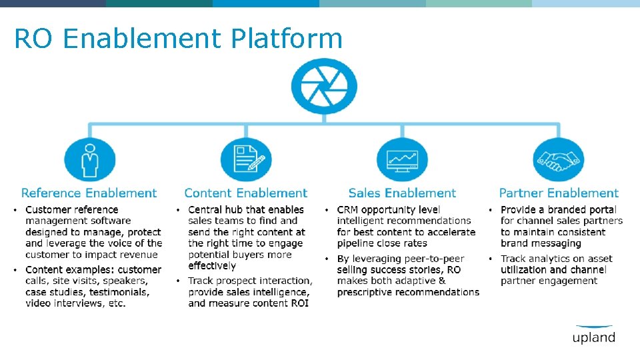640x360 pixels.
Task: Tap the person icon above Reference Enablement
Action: [89, 159]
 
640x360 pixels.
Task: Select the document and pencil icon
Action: [246, 159]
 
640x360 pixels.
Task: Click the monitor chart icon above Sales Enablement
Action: [402, 159]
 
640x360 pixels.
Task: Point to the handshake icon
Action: [558, 159]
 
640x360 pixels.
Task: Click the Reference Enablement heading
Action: [89, 193]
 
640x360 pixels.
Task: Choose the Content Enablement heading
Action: [246, 193]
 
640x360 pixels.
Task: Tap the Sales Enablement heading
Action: [402, 193]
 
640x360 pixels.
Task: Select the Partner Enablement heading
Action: [559, 193]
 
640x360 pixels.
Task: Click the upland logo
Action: [593, 335]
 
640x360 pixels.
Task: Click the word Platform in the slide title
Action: [287, 39]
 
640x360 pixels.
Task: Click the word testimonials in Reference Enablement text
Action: [121, 292]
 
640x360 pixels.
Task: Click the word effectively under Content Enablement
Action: [212, 266]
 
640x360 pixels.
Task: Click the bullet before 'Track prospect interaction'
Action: [179, 281]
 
